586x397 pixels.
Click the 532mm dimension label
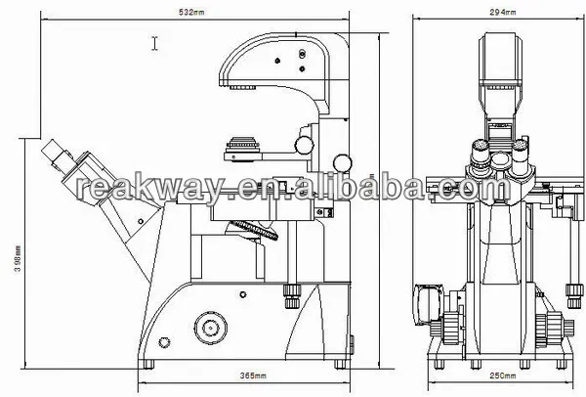tap(191, 12)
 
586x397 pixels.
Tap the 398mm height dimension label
tap(19, 259)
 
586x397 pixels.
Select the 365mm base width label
tap(253, 375)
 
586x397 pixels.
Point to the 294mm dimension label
tap(503, 12)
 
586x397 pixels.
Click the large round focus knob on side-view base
tap(210, 329)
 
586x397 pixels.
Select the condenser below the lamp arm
tap(242, 150)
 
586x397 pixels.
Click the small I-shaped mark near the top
tap(154, 43)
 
